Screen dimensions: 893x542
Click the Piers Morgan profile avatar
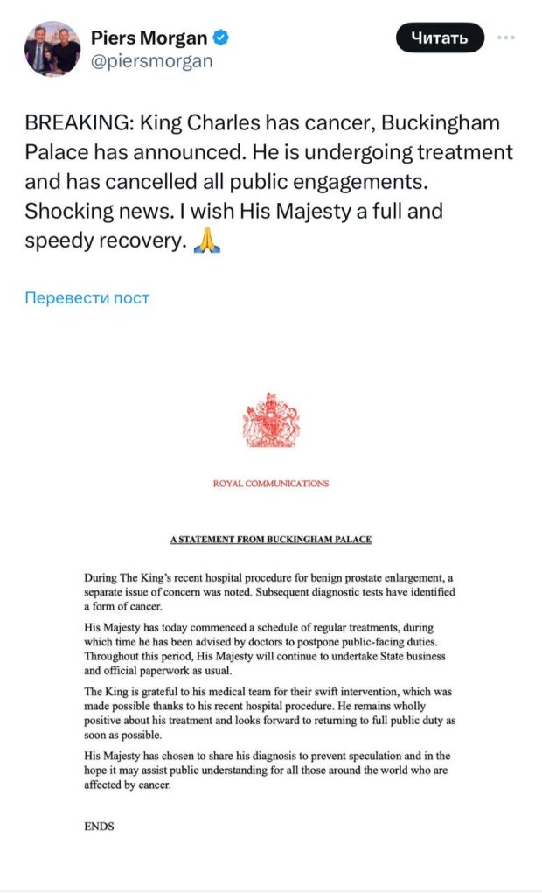(x=52, y=50)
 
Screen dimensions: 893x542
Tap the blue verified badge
(x=223, y=38)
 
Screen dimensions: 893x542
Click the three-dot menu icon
(x=506, y=38)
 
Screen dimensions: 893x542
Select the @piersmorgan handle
(x=151, y=62)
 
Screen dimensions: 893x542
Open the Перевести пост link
(x=87, y=297)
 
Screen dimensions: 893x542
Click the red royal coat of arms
(x=271, y=421)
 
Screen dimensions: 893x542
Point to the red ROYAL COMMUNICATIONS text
(x=271, y=484)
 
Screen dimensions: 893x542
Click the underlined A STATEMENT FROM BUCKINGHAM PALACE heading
(x=271, y=540)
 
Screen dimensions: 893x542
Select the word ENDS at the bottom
(x=99, y=826)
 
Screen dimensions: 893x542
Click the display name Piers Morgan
(x=149, y=38)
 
